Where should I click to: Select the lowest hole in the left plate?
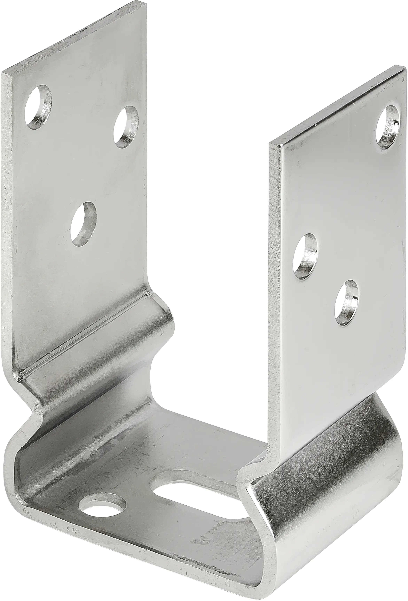(83, 224)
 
